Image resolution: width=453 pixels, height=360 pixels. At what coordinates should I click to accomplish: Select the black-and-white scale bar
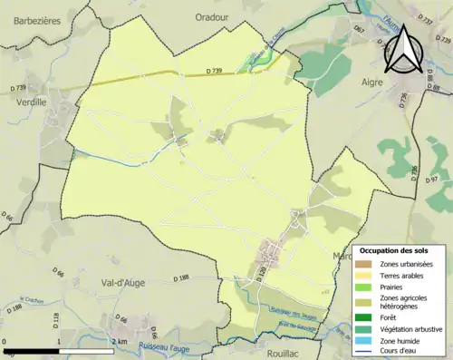(x=59, y=349)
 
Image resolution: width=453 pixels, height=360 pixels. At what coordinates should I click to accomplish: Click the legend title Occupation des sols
(x=400, y=250)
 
